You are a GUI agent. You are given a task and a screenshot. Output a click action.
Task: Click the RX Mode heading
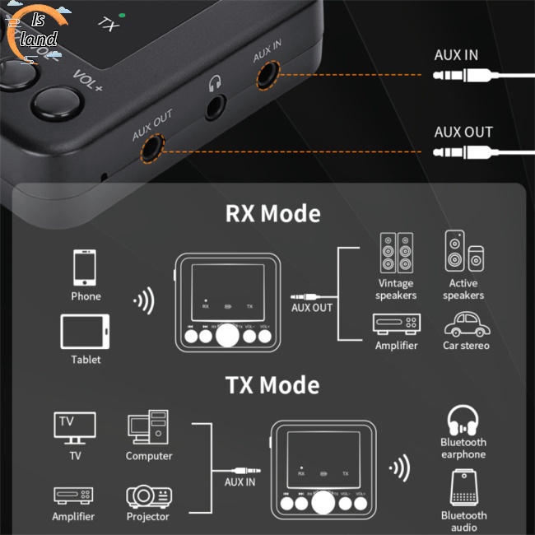(x=272, y=214)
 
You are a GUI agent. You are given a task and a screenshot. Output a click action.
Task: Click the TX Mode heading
(x=272, y=385)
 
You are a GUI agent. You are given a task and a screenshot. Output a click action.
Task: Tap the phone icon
(x=86, y=268)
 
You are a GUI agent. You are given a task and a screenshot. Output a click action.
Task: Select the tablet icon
(x=86, y=332)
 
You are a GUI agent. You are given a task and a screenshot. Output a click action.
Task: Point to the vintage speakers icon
(x=396, y=253)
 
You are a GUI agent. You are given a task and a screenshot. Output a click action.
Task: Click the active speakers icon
(x=463, y=252)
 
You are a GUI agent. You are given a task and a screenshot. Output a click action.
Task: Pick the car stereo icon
(x=466, y=323)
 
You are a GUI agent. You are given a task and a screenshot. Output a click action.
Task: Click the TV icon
(x=75, y=427)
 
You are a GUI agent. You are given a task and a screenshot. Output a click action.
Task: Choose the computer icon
(x=148, y=428)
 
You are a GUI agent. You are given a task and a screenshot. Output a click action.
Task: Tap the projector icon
(x=149, y=496)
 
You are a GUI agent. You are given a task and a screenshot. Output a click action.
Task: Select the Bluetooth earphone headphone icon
(x=463, y=420)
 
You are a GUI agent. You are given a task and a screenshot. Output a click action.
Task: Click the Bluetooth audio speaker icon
(x=463, y=488)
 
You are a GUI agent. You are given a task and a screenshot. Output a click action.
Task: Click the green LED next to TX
(x=122, y=16)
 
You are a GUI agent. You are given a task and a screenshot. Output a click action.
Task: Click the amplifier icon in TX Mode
(x=73, y=495)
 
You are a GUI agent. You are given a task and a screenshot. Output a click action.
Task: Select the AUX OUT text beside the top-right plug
(x=463, y=132)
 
